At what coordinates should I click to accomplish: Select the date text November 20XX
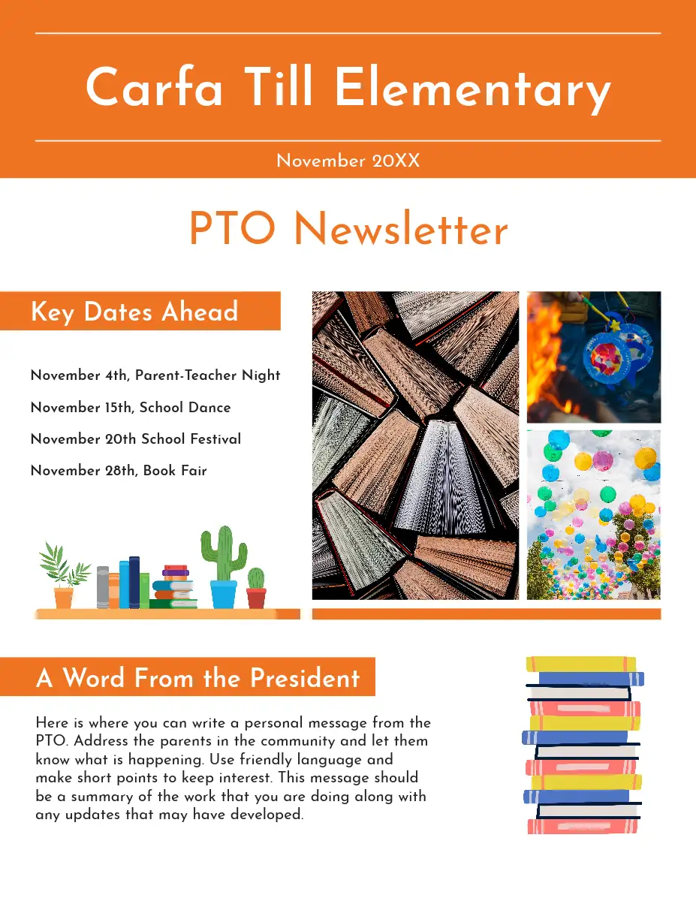[x=348, y=161]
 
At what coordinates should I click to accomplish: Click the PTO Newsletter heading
[x=348, y=229]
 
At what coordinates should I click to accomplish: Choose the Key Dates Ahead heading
[x=134, y=312]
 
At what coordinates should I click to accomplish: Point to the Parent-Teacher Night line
[x=155, y=375]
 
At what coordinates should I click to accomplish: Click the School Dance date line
[x=131, y=408]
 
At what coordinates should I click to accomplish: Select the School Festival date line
[x=136, y=439]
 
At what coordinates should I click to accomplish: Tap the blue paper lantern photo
[x=594, y=357]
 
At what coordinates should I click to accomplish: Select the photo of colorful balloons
[x=594, y=514]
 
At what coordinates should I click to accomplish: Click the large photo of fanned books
[x=415, y=445]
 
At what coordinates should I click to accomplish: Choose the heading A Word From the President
[x=198, y=678]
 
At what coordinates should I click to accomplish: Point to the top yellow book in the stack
[x=581, y=664]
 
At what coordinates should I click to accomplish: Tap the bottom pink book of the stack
[x=583, y=826]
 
